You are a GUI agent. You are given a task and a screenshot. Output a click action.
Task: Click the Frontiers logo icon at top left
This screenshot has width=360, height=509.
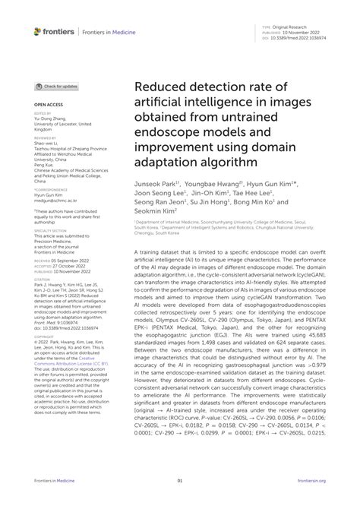(38, 31)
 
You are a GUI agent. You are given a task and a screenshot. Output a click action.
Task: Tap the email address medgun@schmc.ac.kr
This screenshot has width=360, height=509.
(54, 200)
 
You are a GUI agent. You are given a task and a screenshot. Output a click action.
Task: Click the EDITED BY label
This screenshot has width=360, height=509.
(43, 112)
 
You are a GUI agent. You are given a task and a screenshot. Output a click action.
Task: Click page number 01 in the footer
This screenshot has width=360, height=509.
(180, 480)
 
